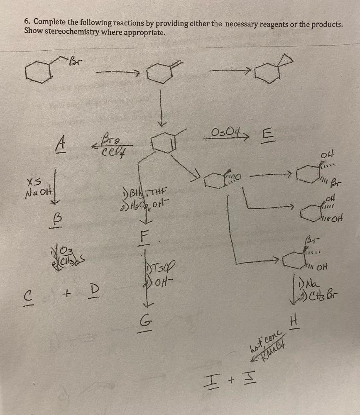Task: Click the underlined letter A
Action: point(61,144)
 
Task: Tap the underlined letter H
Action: point(295,321)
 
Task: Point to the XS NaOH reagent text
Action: point(37,187)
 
